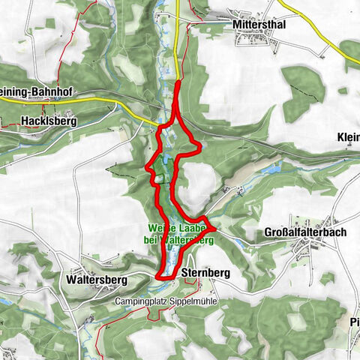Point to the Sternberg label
[x=205, y=271]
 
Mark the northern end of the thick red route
[x=177, y=85]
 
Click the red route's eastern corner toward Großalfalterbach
[x=214, y=226]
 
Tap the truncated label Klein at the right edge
[x=349, y=137]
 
